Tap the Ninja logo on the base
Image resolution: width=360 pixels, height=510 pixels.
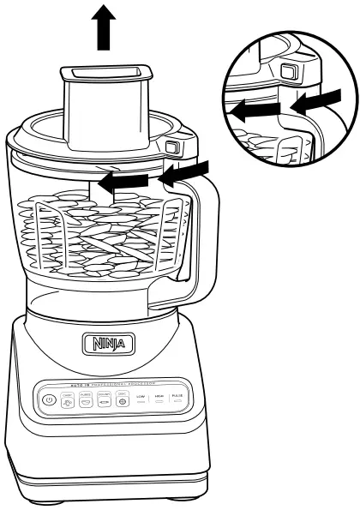pos(108,345)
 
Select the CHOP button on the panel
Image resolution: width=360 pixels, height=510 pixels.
pos(66,399)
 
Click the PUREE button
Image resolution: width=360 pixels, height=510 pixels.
pos(85,399)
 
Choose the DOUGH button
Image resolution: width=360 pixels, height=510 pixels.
pos(104,399)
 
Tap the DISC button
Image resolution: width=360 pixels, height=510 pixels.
pos(123,399)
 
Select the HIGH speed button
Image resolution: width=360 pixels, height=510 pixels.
pos(159,399)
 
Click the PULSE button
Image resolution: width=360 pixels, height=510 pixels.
pos(178,399)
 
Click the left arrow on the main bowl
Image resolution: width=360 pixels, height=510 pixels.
pos(117,180)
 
